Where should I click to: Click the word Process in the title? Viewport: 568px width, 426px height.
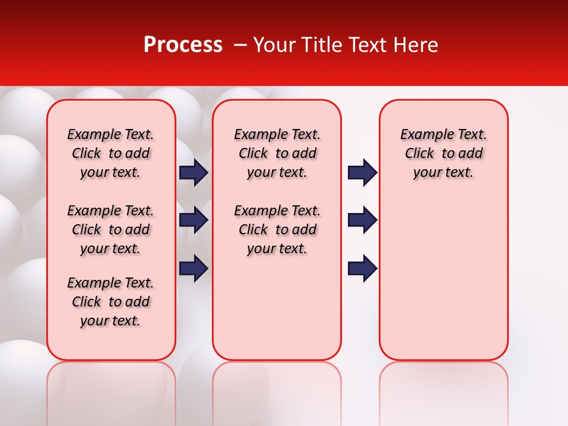point(183,45)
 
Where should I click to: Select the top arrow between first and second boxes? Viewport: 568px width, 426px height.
point(193,172)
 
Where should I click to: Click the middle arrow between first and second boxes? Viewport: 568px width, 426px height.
point(193,220)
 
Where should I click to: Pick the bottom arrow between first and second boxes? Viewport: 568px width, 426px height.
point(193,268)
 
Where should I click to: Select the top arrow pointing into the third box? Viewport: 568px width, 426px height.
point(362,172)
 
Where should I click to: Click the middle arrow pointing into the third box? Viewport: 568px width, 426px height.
point(362,220)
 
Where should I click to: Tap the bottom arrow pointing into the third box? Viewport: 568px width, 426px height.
point(362,268)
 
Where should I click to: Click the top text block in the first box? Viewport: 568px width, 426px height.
point(111,153)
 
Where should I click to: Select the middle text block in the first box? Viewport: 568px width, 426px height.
point(111,230)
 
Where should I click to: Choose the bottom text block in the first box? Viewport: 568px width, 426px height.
point(111,302)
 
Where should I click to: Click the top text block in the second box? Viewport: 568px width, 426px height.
point(277,153)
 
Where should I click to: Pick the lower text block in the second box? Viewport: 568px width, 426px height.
point(277,230)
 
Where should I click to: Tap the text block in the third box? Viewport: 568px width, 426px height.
point(443,153)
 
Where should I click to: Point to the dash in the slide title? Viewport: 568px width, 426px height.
point(240,45)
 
